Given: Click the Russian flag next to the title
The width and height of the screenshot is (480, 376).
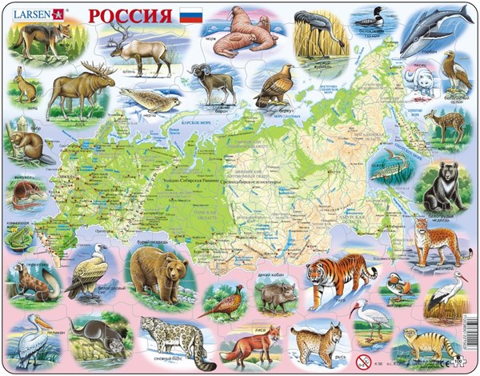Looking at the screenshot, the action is [x=192, y=16].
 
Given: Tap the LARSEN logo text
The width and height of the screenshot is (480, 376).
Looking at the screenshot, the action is [x=30, y=14].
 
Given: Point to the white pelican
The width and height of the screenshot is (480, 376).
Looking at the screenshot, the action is [x=31, y=336].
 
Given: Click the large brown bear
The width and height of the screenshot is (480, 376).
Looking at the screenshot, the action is [x=158, y=273].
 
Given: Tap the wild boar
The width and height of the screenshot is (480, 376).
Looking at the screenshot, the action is [x=275, y=296].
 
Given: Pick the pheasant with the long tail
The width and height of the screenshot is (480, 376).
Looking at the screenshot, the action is [x=221, y=298].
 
